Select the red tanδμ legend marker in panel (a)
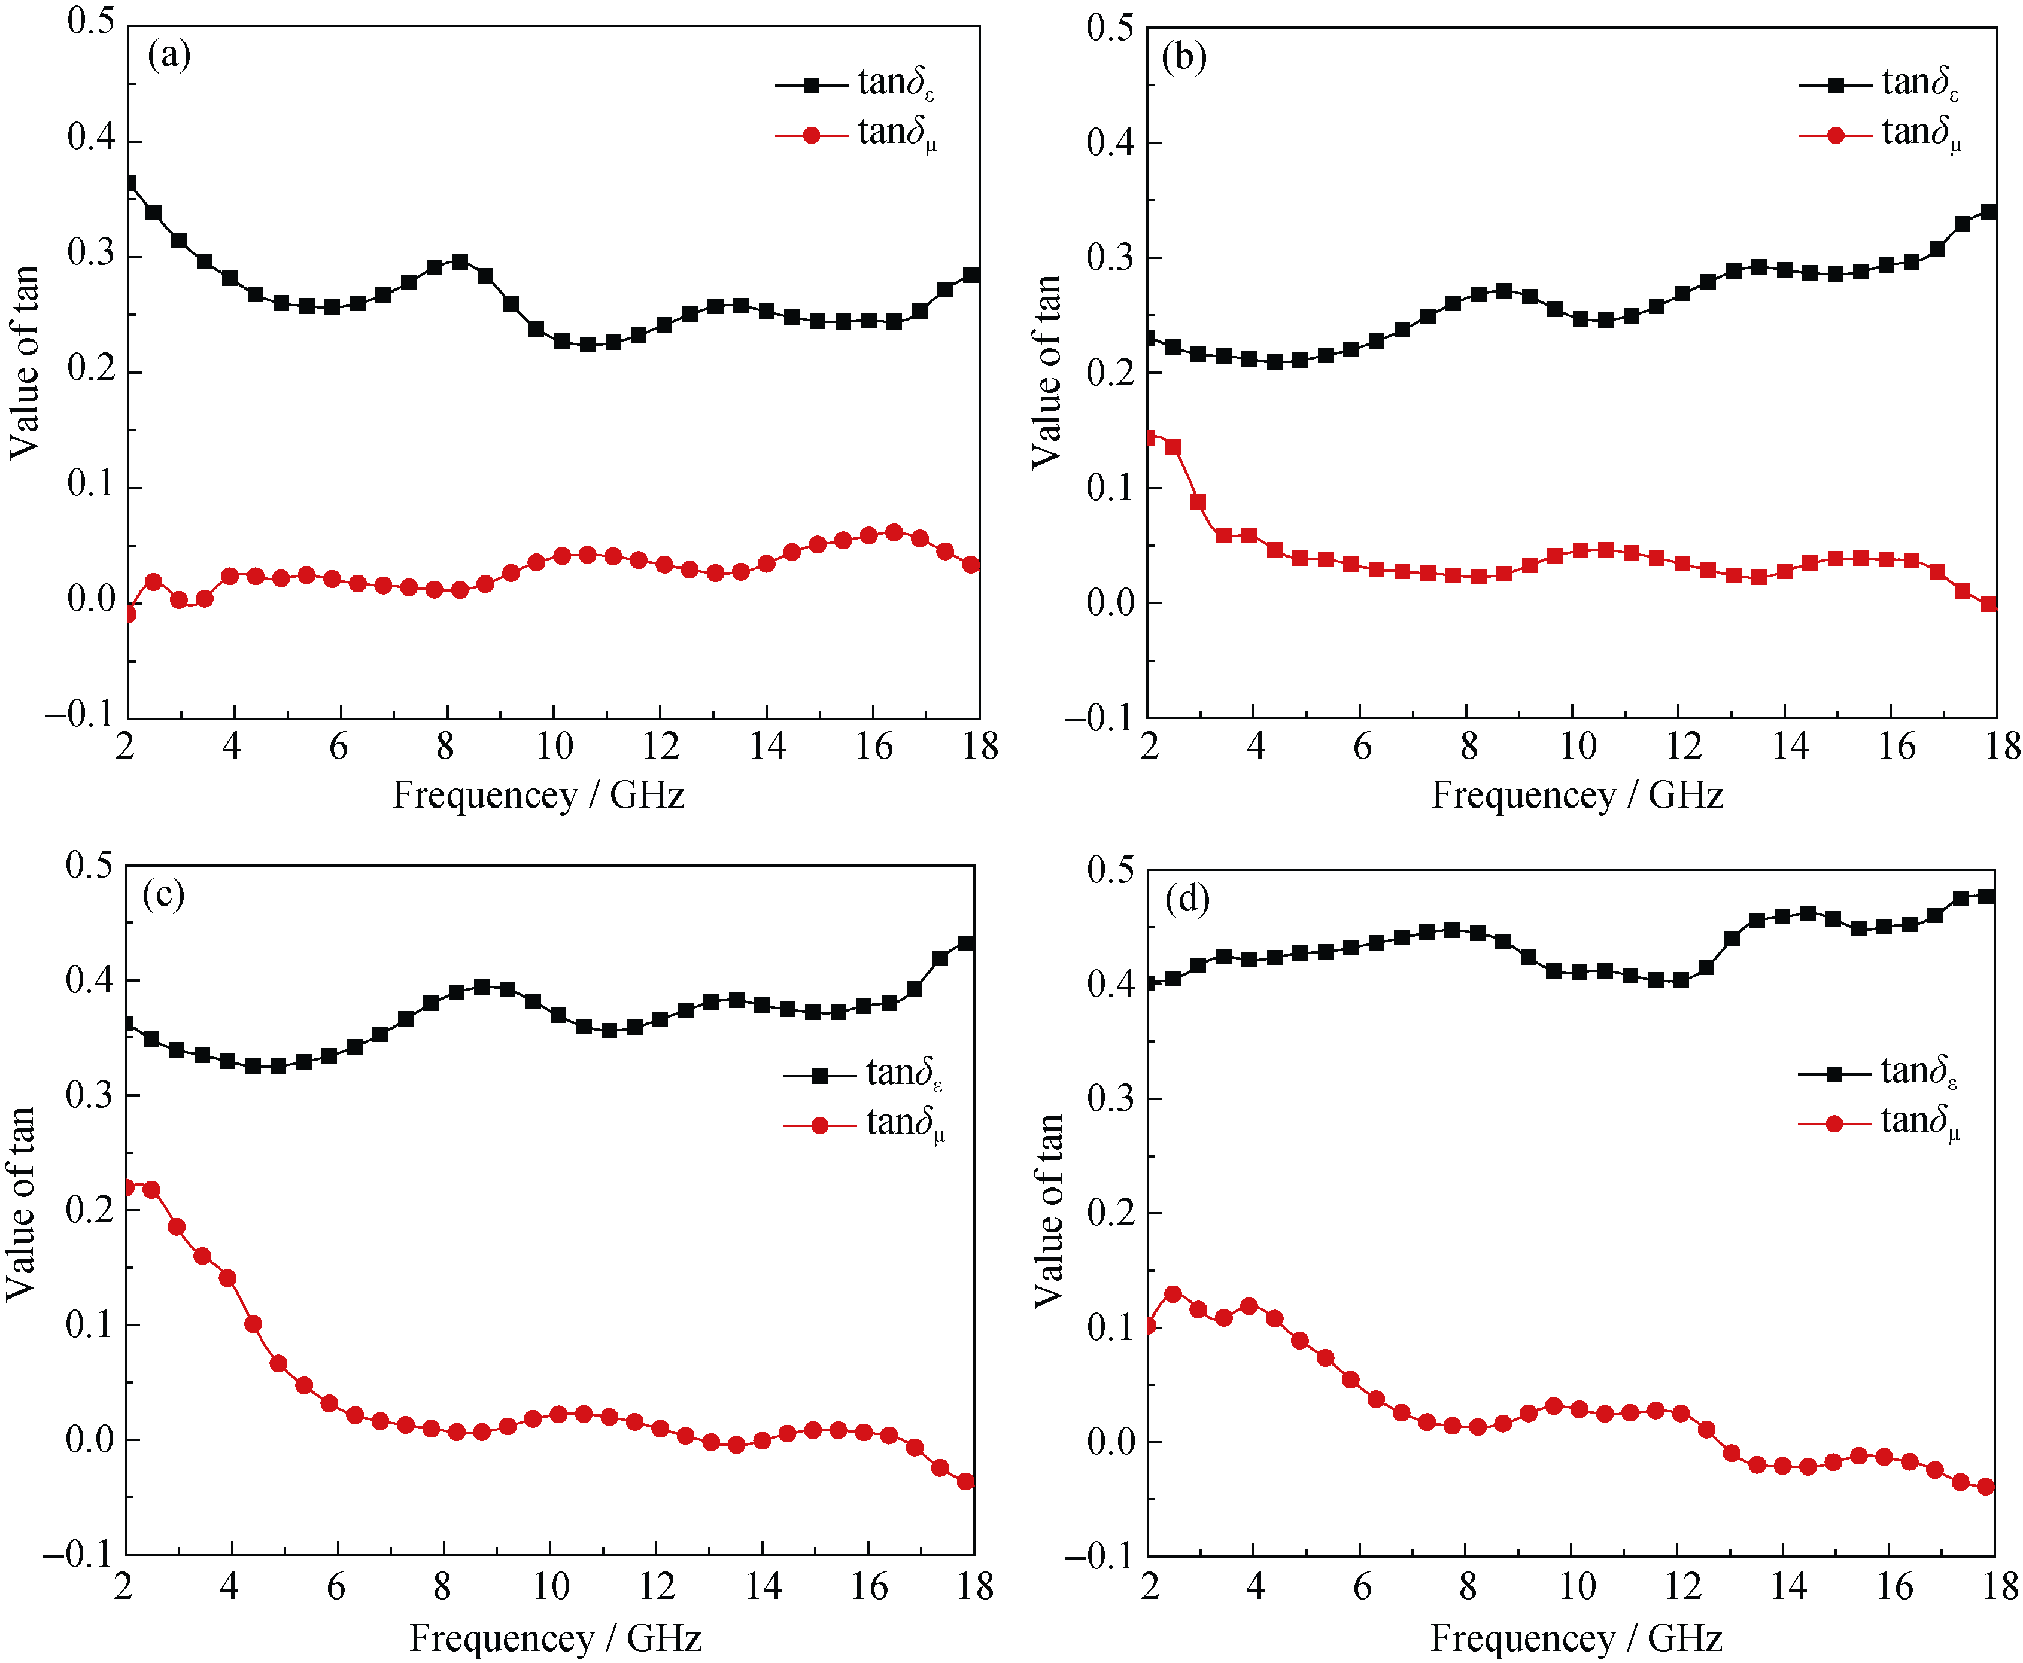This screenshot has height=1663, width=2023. (x=812, y=135)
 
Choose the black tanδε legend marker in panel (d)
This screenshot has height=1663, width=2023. (x=1834, y=1074)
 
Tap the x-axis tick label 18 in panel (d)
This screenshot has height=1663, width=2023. (x=2001, y=1586)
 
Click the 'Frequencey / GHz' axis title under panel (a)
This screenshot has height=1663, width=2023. (x=539, y=795)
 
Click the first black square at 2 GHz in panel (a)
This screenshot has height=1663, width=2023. (x=129, y=184)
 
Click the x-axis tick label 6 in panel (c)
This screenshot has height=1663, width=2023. (x=335, y=1586)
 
